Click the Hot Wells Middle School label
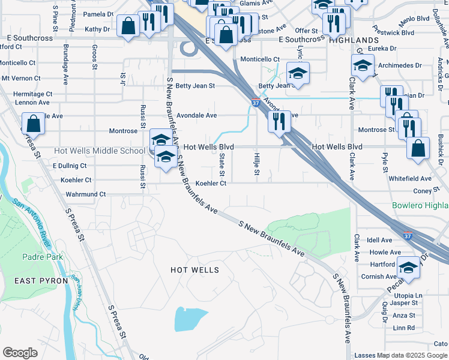[100, 151]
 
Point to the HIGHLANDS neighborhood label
[354, 39]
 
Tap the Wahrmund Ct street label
[85, 194]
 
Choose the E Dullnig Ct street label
[70, 166]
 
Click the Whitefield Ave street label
[410, 179]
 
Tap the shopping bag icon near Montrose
[34, 125]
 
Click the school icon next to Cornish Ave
[408, 268]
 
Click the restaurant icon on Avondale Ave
[279, 122]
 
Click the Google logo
[20, 352]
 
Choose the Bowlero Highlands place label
[420, 206]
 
